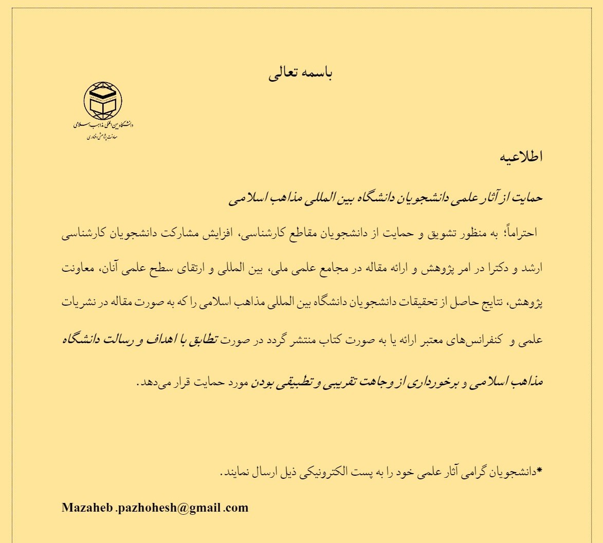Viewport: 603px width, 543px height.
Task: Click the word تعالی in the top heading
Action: pos(285,74)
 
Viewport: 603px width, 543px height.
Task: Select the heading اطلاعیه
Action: pos(521,156)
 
